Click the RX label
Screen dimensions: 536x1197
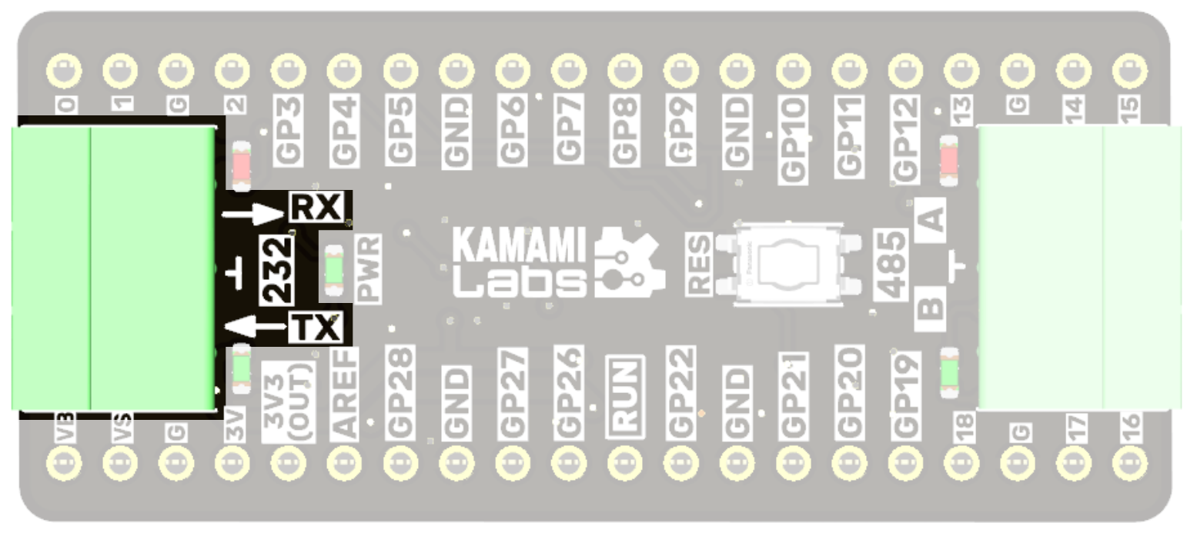point(317,208)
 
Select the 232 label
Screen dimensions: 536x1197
point(277,269)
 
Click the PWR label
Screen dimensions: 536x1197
point(369,268)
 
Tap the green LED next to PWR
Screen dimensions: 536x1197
point(333,269)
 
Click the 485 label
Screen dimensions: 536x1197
point(892,264)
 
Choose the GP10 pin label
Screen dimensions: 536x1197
point(794,141)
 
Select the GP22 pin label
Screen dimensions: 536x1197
point(680,393)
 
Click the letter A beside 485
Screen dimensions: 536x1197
point(931,220)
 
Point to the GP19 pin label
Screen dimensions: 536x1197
point(907,393)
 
